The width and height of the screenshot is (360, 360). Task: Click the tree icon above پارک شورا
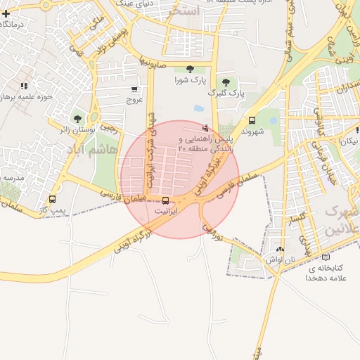click(191, 69)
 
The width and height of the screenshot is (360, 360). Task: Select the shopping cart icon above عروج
click(134, 89)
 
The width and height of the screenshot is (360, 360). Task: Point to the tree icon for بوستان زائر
click(77, 118)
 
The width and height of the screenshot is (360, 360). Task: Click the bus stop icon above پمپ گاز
click(52, 199)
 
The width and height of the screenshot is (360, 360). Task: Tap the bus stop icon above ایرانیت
click(166, 200)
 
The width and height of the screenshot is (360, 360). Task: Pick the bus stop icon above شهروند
click(252, 120)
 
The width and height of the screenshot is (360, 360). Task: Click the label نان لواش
click(279, 259)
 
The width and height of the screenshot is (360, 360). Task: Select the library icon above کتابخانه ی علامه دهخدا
click(324, 257)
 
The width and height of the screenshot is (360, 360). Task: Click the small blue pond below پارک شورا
click(198, 109)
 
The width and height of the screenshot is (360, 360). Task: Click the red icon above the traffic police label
click(205, 128)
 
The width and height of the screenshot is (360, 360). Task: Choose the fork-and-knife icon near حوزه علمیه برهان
click(25, 86)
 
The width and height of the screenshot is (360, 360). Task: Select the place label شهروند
click(252, 131)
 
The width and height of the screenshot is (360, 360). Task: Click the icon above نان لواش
click(281, 248)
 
